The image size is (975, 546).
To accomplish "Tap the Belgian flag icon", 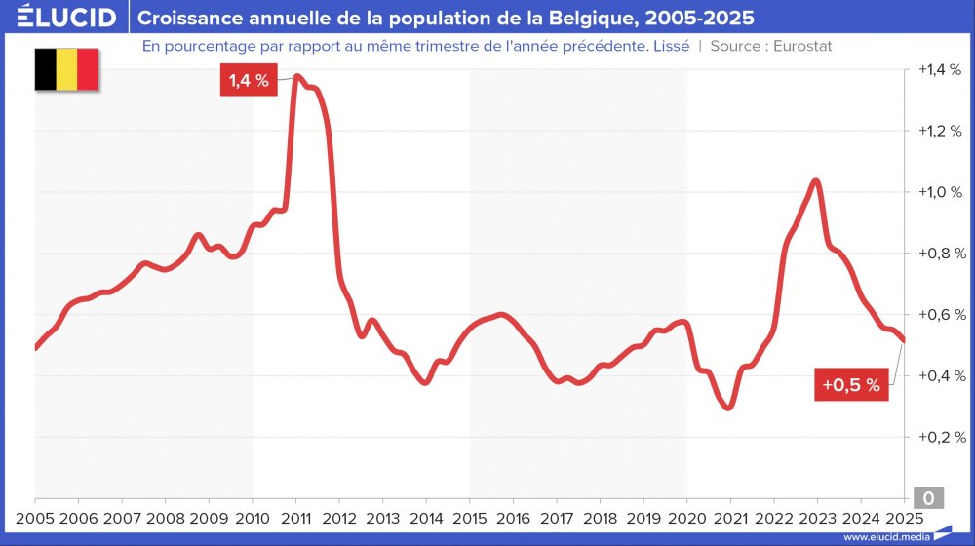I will pos(66,69).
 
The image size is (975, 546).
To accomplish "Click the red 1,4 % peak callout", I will pos(250,81).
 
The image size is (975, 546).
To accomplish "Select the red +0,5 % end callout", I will pos(850,385).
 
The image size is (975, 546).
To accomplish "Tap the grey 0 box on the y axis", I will pos(927,498).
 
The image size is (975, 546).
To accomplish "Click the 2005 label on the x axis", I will pos(35,517).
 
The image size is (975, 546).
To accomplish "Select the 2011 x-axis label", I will pos(295,517).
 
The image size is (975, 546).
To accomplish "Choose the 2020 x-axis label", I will pos(686,517).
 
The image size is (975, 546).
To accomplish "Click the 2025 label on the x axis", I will pos(903,517).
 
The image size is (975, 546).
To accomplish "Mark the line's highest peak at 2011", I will pos(296,76).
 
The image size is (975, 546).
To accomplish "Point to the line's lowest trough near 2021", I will pos(727,408).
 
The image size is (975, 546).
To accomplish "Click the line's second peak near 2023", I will pos(816,181).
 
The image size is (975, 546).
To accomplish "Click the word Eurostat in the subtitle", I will pos(801,46).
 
